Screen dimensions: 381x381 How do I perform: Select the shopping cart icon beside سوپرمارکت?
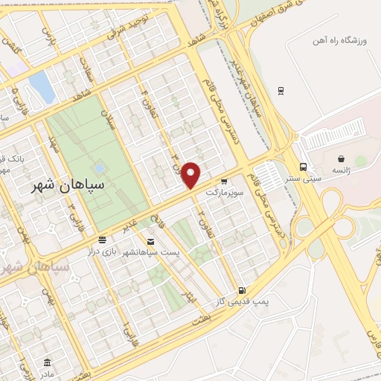[224, 180]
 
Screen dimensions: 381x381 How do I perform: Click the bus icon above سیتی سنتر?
[302, 167]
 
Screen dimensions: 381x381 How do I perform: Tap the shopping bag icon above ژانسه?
[341, 159]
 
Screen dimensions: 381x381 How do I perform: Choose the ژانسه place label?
[343, 170]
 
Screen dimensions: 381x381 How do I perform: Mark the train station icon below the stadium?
[280, 91]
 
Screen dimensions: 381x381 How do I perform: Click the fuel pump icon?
[240, 289]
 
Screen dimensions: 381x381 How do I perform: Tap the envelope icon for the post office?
[151, 242]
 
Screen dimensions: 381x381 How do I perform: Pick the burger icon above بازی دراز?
[102, 240]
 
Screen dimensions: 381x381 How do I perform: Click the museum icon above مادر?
[48, 362]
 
